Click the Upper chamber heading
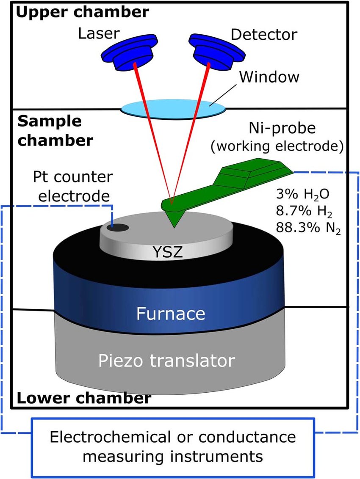[x=82, y=12]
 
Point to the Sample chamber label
[x=55, y=131]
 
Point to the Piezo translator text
[x=166, y=361]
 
